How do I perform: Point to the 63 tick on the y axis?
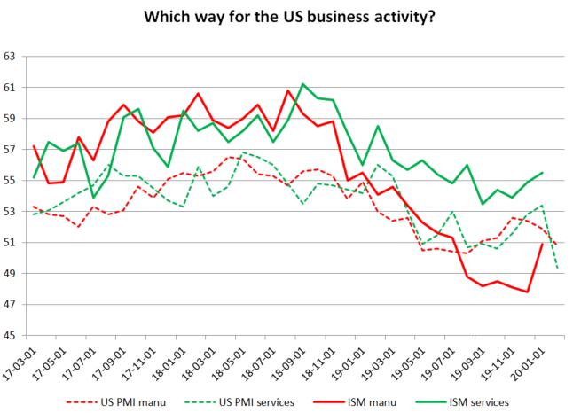pos(12,57)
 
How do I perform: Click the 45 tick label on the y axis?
pos(12,336)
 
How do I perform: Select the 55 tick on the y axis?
pos(12,181)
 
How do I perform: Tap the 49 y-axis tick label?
pos(12,274)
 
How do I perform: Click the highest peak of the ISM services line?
pos(303,84)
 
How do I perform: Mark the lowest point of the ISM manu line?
pos(528,292)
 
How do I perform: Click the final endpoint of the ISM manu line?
pos(542,244)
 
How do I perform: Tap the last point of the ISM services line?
pos(542,173)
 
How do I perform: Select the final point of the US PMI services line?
pos(557,268)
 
